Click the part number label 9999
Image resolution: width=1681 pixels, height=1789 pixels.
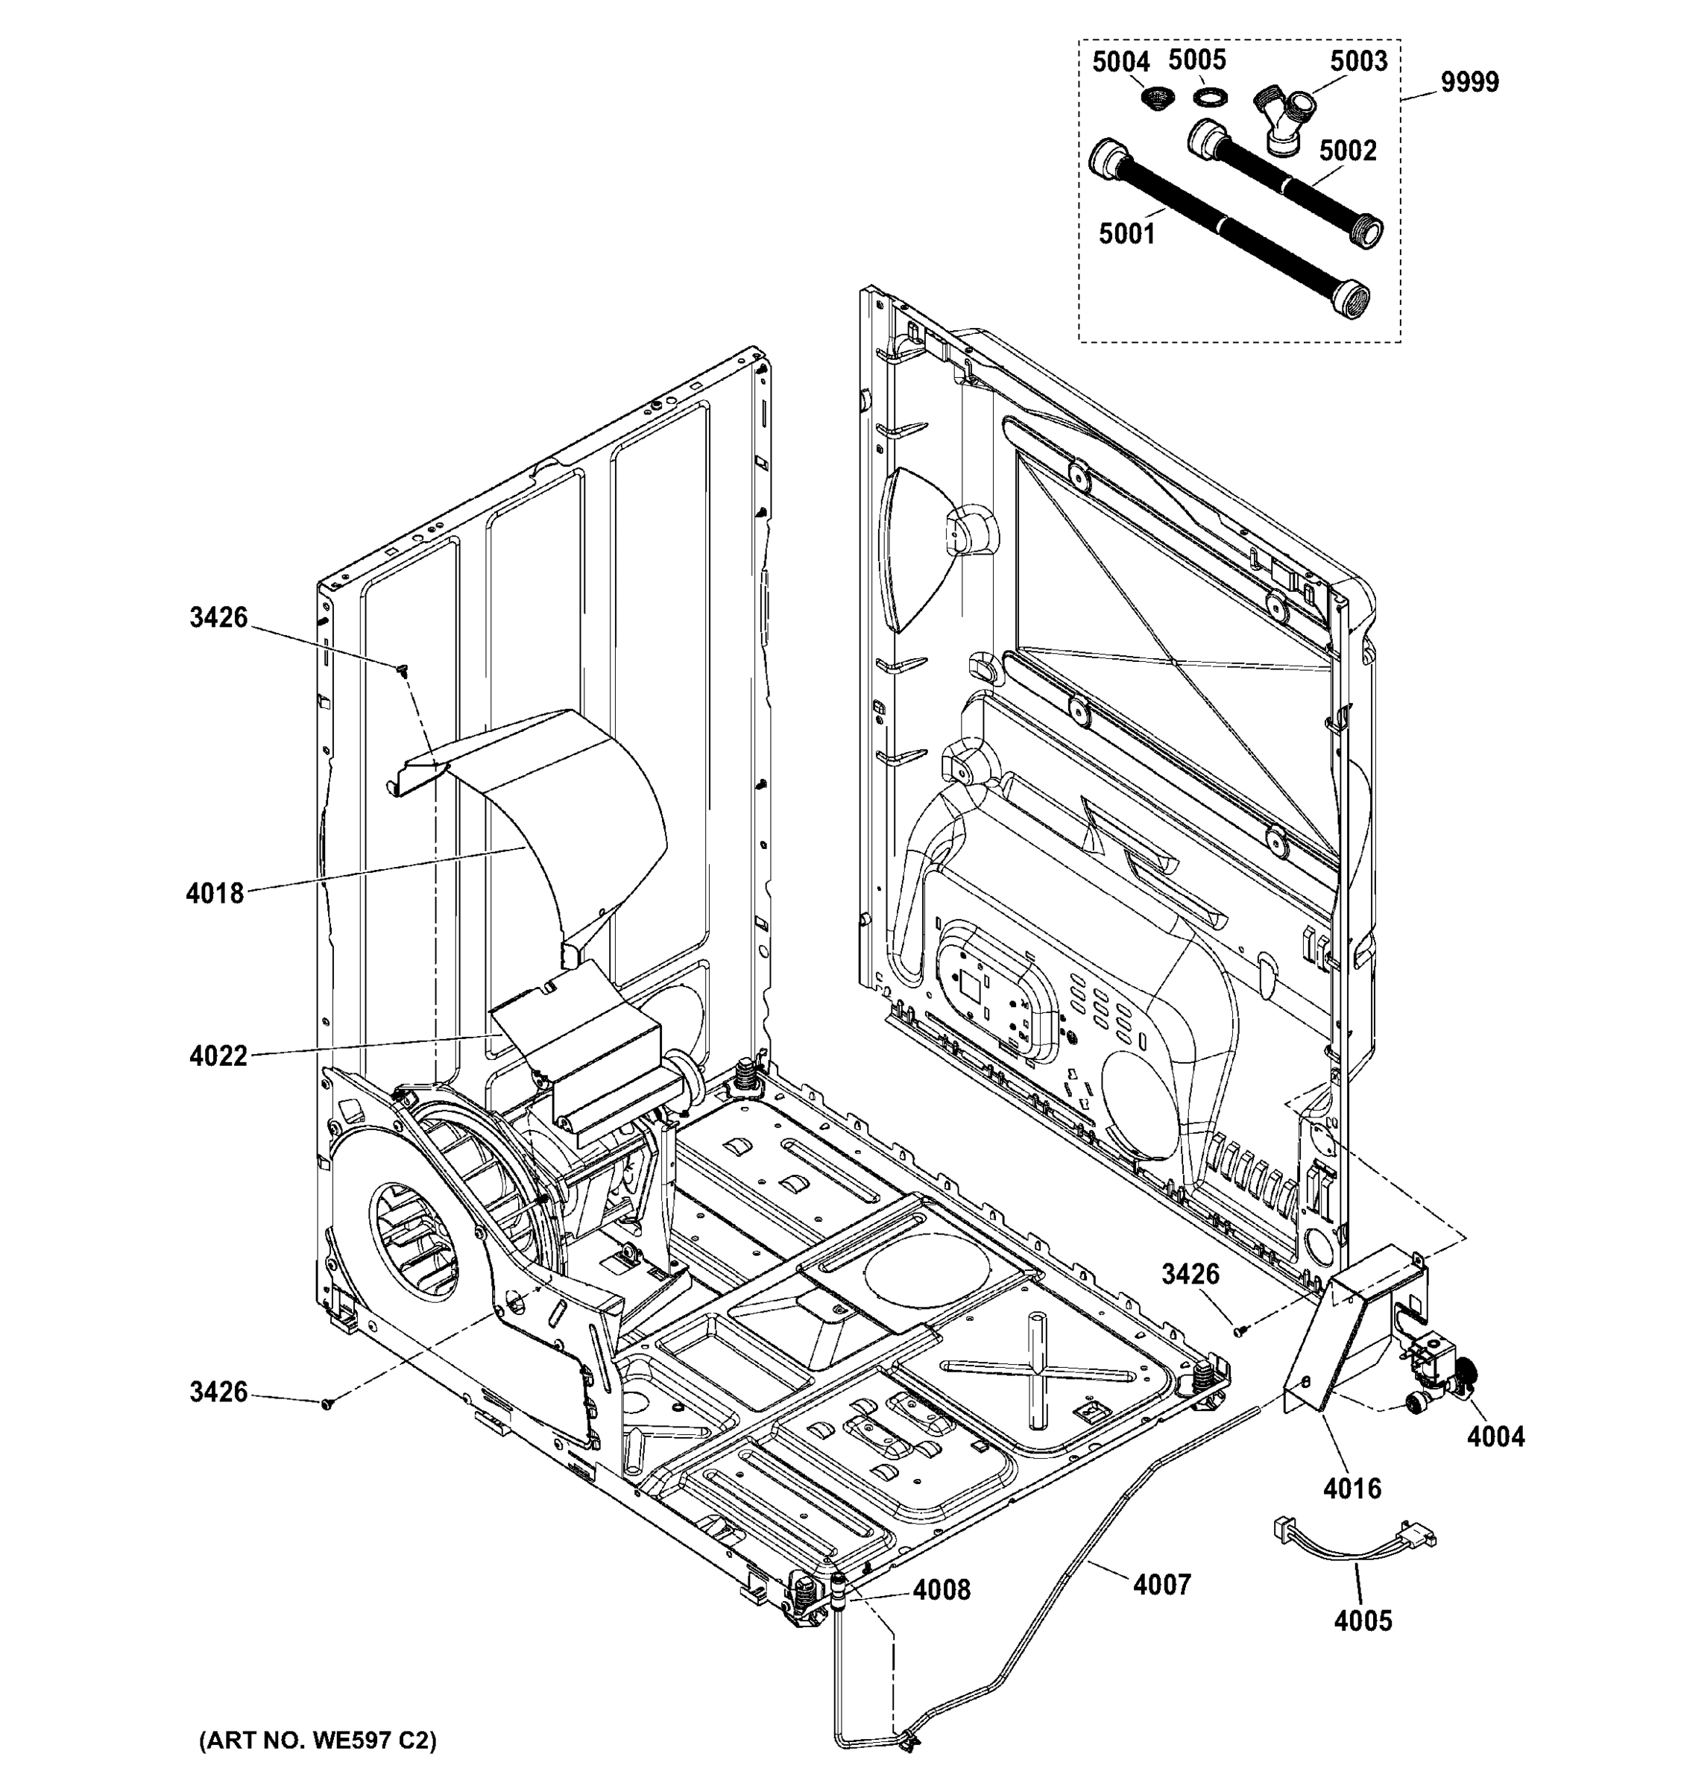tap(1469, 83)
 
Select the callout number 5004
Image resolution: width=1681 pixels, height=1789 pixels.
tap(1120, 62)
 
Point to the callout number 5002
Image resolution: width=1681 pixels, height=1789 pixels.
tap(1347, 151)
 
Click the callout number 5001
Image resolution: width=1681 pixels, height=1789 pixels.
tap(1126, 234)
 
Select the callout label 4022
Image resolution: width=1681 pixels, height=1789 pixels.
tap(218, 1056)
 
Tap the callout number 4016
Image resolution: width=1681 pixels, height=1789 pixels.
tap(1352, 1489)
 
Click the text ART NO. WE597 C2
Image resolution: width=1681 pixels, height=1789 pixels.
tap(317, 1741)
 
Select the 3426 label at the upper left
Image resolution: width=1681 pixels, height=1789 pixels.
tap(218, 617)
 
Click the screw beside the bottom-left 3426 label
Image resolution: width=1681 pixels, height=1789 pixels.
tap(327, 1403)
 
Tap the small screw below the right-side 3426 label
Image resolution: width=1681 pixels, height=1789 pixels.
tap(1238, 1331)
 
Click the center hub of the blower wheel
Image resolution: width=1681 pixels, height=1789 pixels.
tap(414, 1234)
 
